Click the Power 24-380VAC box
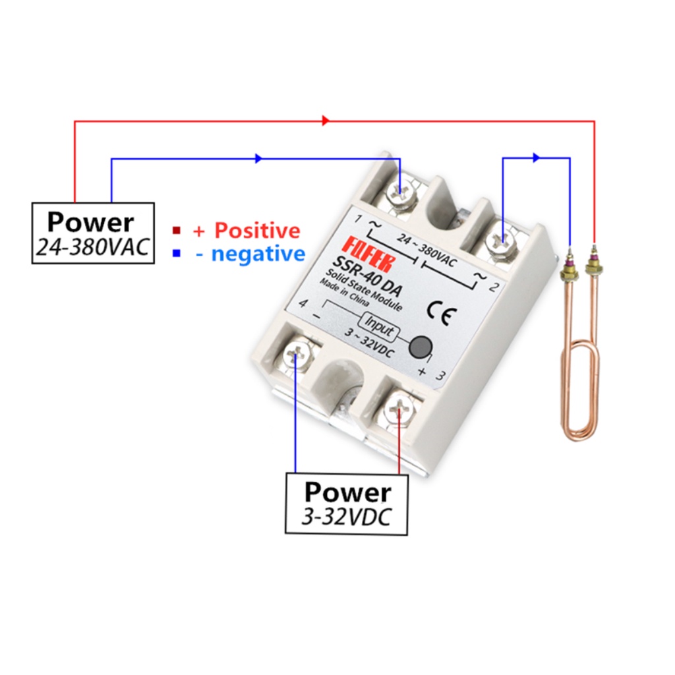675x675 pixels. pyautogui.click(x=93, y=233)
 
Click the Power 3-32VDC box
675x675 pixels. pyautogui.click(x=347, y=503)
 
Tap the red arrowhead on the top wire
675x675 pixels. pyautogui.click(x=326, y=121)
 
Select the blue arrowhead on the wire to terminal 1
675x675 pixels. pyautogui.click(x=258, y=158)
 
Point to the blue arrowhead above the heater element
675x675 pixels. pyautogui.click(x=536, y=158)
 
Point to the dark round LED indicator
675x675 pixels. pyautogui.click(x=420, y=347)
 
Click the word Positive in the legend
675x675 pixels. pyautogui.click(x=257, y=230)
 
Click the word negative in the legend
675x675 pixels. pyautogui.click(x=258, y=254)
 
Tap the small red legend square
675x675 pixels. pyautogui.click(x=177, y=230)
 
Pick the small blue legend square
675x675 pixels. pyautogui.click(x=177, y=253)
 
